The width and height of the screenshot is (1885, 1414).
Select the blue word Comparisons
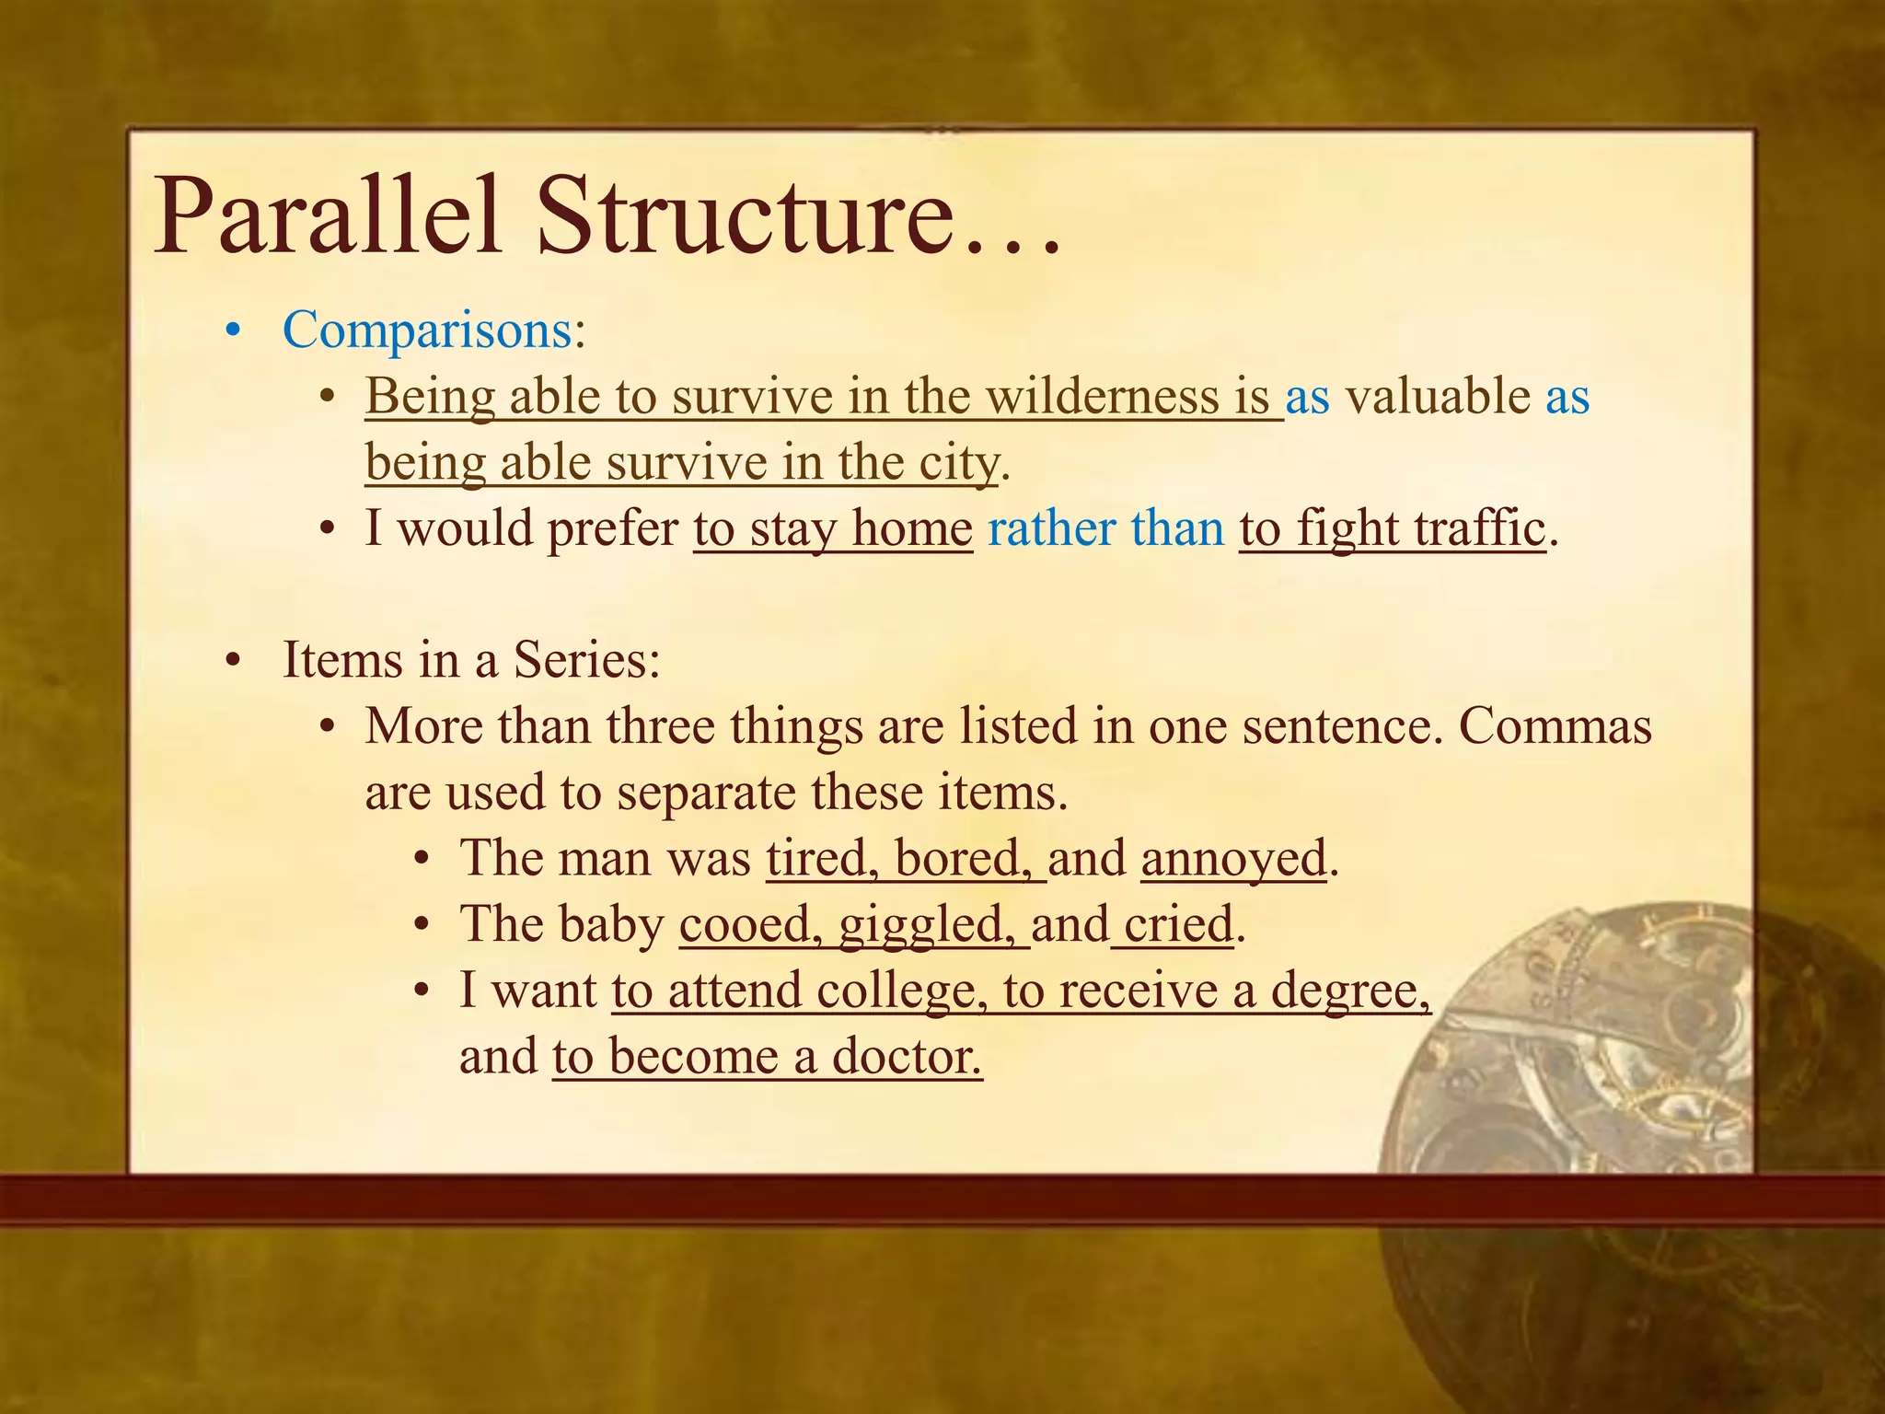[x=427, y=330]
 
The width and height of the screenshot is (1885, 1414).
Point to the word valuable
[x=1437, y=397]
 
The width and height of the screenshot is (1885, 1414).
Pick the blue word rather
[x=1050, y=528]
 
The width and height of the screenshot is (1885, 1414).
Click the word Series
[x=585, y=660]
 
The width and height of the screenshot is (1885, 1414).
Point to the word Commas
[x=1555, y=726]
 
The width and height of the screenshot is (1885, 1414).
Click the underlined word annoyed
[x=1233, y=858]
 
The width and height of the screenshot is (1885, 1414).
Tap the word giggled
[x=927, y=924]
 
